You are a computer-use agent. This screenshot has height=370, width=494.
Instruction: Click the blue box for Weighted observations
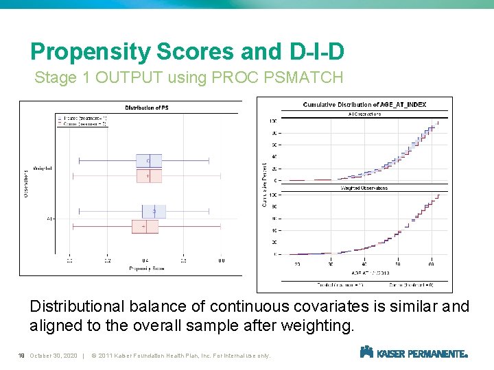click(148, 160)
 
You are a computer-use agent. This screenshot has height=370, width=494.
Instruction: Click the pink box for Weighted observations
click(148, 176)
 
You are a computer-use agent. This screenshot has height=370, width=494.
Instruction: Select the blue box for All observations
click(154, 212)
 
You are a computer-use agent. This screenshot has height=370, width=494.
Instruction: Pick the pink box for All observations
click(145, 226)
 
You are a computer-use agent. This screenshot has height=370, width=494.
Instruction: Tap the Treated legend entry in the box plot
click(82, 117)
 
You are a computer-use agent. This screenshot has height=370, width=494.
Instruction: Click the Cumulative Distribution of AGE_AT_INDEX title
click(364, 105)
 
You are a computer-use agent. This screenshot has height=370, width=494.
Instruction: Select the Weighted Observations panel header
click(364, 188)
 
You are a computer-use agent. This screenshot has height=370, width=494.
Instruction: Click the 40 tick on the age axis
click(364, 264)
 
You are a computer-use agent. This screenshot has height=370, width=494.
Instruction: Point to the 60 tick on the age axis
click(431, 264)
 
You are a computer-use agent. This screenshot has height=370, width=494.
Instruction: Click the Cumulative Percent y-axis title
click(265, 185)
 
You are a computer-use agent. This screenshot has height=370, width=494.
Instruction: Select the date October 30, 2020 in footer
click(54, 356)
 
